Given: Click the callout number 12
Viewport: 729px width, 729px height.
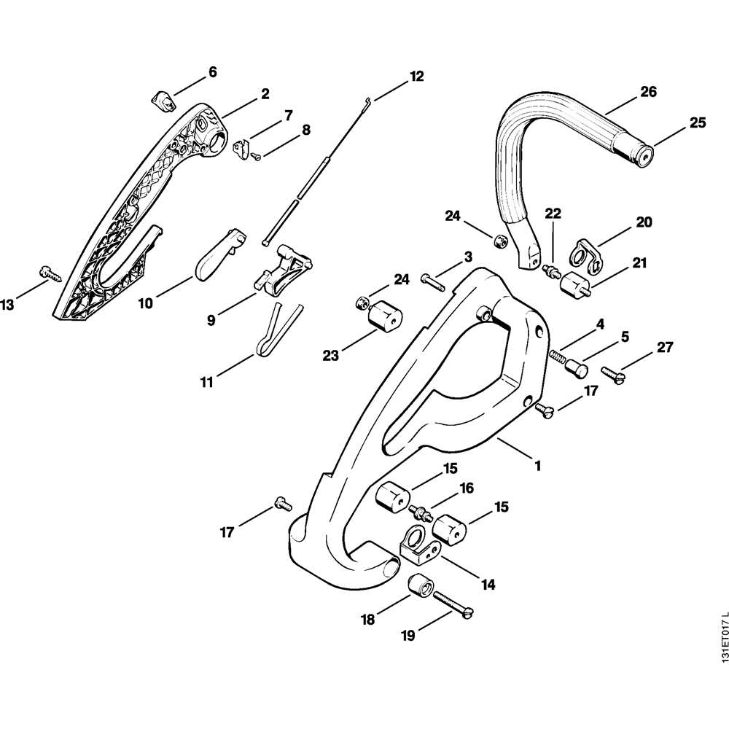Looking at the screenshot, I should tap(416, 76).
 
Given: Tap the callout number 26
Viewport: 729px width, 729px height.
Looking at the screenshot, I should tap(648, 92).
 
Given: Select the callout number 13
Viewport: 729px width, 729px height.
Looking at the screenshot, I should tap(7, 305).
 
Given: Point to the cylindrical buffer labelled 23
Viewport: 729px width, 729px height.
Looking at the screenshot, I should tap(384, 320).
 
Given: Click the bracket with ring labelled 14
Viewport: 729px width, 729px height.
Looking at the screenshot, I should tap(420, 547).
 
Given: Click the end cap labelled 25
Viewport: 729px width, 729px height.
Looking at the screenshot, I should tap(644, 155).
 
